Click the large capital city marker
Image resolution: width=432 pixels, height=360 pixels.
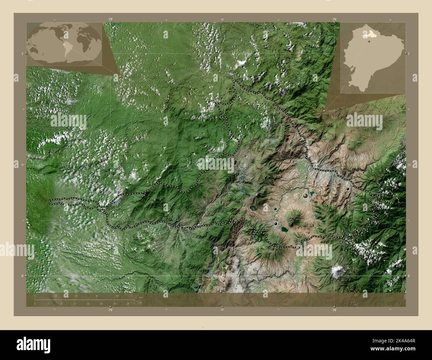(x=305, y=196)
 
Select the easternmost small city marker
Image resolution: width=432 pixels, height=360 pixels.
(x=348, y=189)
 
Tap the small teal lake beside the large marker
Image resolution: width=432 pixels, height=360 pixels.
(x=312, y=193)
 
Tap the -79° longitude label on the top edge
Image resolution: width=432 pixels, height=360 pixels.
(x=110, y=20)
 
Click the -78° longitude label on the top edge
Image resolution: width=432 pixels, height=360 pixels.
(x=334, y=20)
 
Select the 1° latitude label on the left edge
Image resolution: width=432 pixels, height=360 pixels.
(x=23, y=53)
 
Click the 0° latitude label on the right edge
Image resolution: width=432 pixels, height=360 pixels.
(x=409, y=276)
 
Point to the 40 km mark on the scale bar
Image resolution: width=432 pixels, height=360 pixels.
(x=117, y=296)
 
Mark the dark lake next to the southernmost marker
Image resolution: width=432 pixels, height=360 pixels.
(x=284, y=229)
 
